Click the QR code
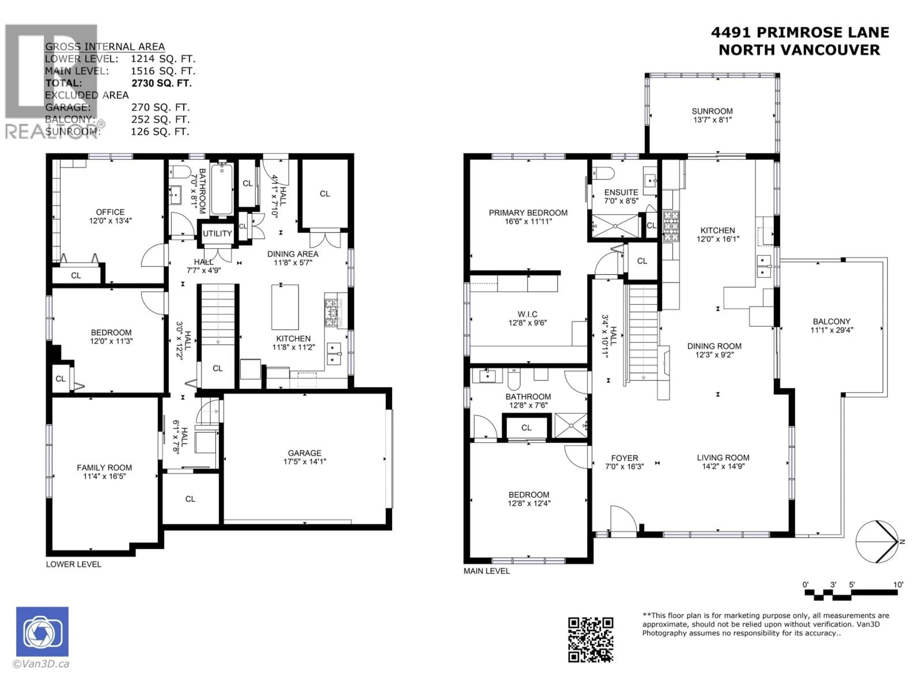590,640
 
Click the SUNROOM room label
712,111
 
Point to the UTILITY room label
217,234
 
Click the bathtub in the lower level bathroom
222,190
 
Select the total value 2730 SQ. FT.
162,83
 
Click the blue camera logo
42,631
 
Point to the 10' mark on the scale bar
898,585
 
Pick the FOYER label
624,458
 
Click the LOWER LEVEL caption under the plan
73,564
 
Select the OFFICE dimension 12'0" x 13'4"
110,221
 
